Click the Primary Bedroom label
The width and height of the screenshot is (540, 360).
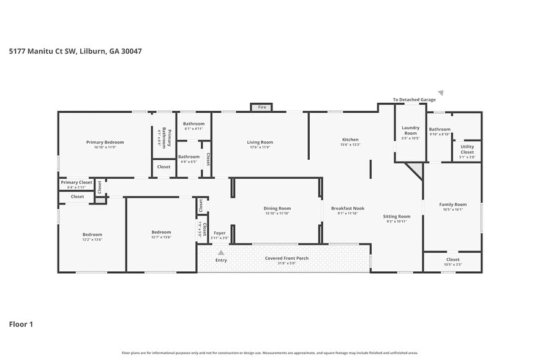coord(105,142)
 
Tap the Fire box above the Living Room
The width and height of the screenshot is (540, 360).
coord(261,107)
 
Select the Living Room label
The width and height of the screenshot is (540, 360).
coord(260,142)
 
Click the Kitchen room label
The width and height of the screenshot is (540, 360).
coord(350,140)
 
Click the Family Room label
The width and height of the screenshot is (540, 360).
coord(452,204)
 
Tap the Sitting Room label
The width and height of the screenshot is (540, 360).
coord(396,216)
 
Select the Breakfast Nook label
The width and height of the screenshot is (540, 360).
coord(347,208)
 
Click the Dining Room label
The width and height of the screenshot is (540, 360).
coord(277,208)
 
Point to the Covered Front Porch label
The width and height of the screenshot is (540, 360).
coord(287,258)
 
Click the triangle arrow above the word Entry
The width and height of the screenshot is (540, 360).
coord(221,252)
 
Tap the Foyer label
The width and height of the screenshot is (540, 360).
coord(219,233)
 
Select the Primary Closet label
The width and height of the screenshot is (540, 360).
coord(77,182)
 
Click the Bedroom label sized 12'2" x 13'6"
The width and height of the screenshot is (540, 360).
coord(92,234)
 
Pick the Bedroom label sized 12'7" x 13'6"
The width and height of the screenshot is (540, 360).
coord(161,232)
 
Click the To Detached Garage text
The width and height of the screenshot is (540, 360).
coord(414,99)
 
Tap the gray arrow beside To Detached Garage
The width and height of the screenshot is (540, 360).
coord(440,93)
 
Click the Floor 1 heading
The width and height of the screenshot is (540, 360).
coord(21,324)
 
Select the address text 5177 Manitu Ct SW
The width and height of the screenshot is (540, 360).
coord(43,51)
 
